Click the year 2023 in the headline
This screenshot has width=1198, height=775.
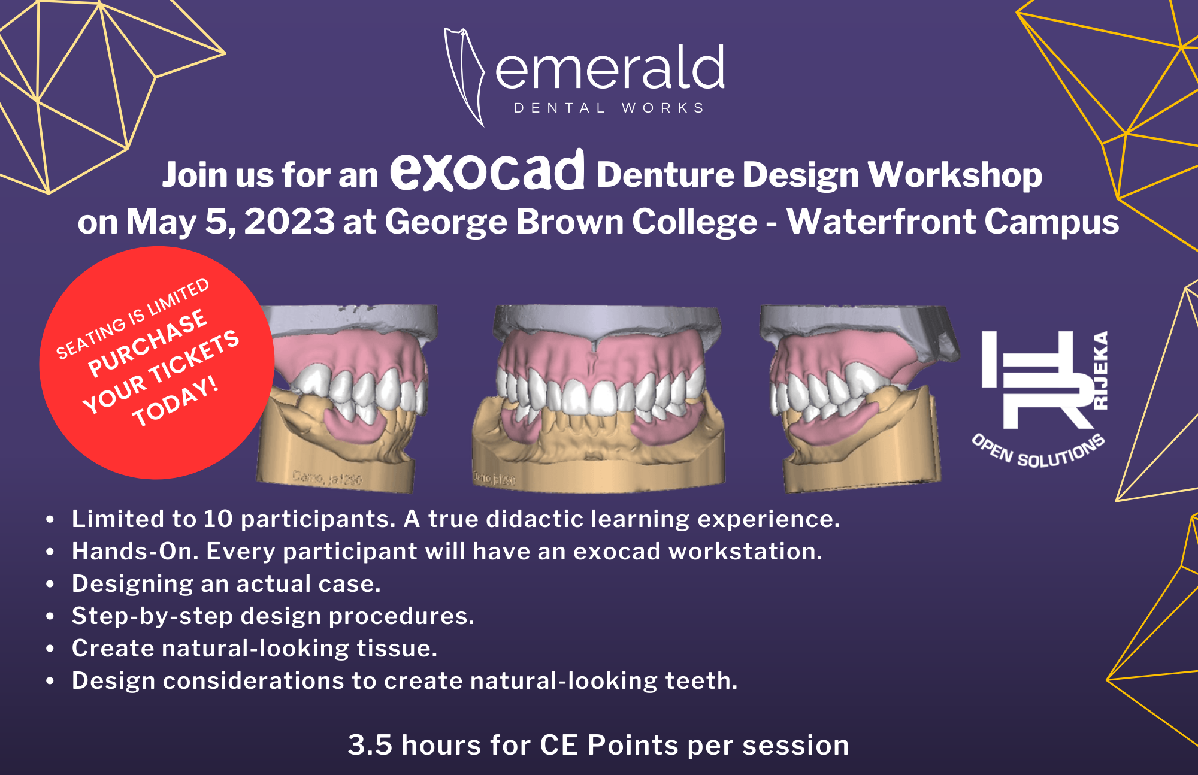tap(289, 222)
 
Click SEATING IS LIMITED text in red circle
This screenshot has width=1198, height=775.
tap(132, 319)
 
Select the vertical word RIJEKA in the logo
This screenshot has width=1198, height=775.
tap(1100, 370)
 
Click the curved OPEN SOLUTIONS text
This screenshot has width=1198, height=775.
tap(1038, 453)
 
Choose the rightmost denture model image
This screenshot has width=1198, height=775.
tap(857, 398)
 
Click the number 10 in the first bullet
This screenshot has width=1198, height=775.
tap(218, 519)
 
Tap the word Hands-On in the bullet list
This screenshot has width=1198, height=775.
tap(135, 552)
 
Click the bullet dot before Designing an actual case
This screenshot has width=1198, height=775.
tap(50, 584)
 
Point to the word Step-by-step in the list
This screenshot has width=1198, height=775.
tap(152, 616)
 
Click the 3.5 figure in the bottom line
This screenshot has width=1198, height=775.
tap(370, 746)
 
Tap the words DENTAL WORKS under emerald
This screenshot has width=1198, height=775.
tap(609, 108)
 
